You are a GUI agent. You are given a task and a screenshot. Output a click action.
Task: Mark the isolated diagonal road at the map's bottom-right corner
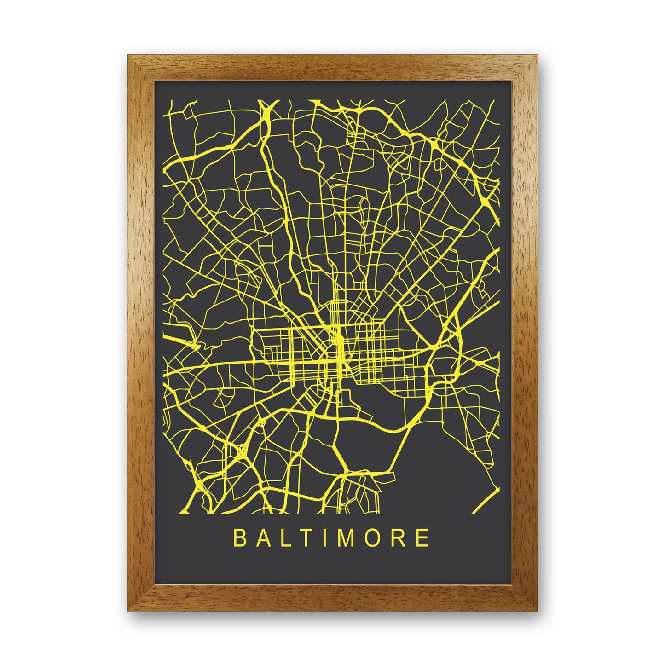pyautogui.click(x=487, y=495)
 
